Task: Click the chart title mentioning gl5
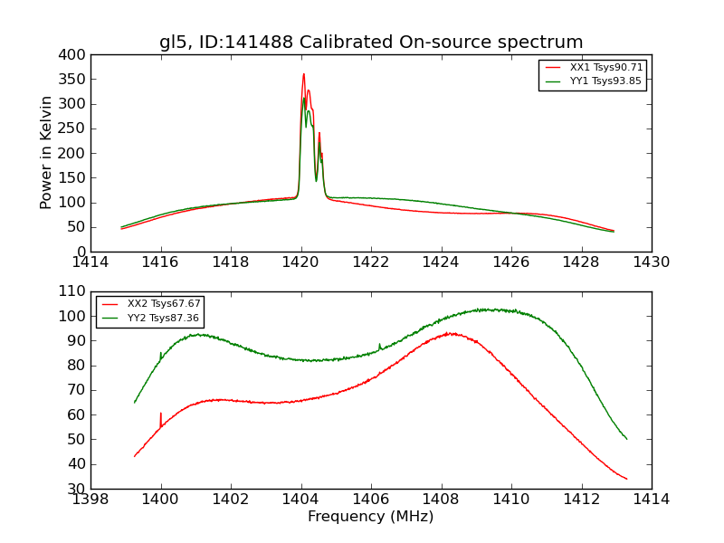pos(371,43)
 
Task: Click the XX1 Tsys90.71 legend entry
pos(605,68)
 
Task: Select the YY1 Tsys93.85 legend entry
pos(605,81)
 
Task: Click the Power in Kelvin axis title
pos(47,153)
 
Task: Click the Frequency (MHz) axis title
pos(371,517)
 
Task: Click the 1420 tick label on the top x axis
pos(301,262)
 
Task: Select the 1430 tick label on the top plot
pos(652,262)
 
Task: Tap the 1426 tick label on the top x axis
pos(511,262)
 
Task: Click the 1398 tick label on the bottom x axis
pos(90,499)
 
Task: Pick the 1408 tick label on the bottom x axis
pos(442,499)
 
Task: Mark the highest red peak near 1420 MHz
pos(304,74)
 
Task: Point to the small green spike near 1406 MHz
pos(379,345)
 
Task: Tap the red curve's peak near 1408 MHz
pos(451,333)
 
